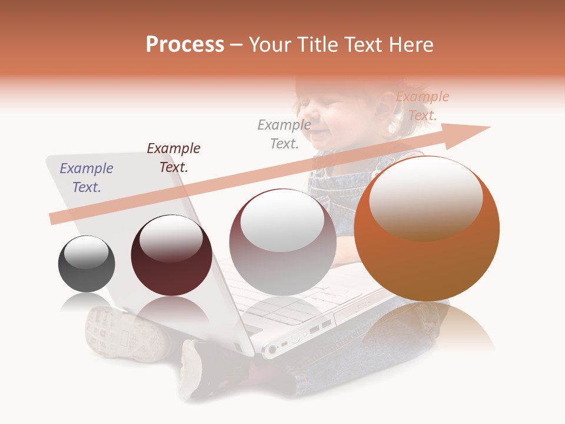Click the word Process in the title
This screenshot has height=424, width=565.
coord(185,45)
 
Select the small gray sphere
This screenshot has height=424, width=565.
coord(87,264)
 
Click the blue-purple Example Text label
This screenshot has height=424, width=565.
coord(87,178)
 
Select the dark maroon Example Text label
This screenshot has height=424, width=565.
coord(174,157)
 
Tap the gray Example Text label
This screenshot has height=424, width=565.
coord(284,134)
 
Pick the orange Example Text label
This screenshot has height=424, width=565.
coord(422,106)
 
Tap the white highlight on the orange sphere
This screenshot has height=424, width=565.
coord(426,197)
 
